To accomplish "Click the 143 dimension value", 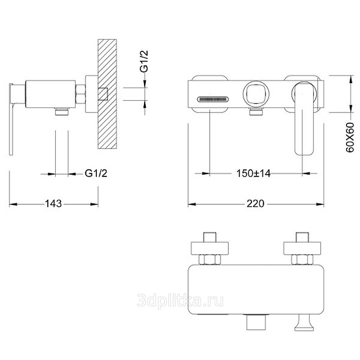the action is pyautogui.click(x=53, y=203).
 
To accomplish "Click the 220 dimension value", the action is pyautogui.click(x=255, y=203).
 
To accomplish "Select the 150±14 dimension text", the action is pyautogui.click(x=253, y=173).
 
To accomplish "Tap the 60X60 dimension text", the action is pyautogui.click(x=350, y=138).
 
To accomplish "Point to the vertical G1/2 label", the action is pyautogui.click(x=144, y=61).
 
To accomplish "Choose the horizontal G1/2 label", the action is pyautogui.click(x=96, y=173).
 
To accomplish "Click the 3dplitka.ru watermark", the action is pyautogui.click(x=180, y=301).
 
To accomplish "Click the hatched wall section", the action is pyautogui.click(x=107, y=94).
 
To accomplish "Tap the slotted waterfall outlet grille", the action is pyautogui.click(x=213, y=99).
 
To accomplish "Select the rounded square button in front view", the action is pyautogui.click(x=256, y=94).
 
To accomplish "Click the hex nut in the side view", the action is pyautogui.click(x=81, y=94).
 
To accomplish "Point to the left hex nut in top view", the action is pyautogui.click(x=210, y=260).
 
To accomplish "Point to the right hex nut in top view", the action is pyautogui.click(x=302, y=260).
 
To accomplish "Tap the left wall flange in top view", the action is pyautogui.click(x=210, y=248).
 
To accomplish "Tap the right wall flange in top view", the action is pyautogui.click(x=302, y=248).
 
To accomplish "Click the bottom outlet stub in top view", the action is pyautogui.click(x=256, y=322).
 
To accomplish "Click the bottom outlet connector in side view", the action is pyautogui.click(x=62, y=111).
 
